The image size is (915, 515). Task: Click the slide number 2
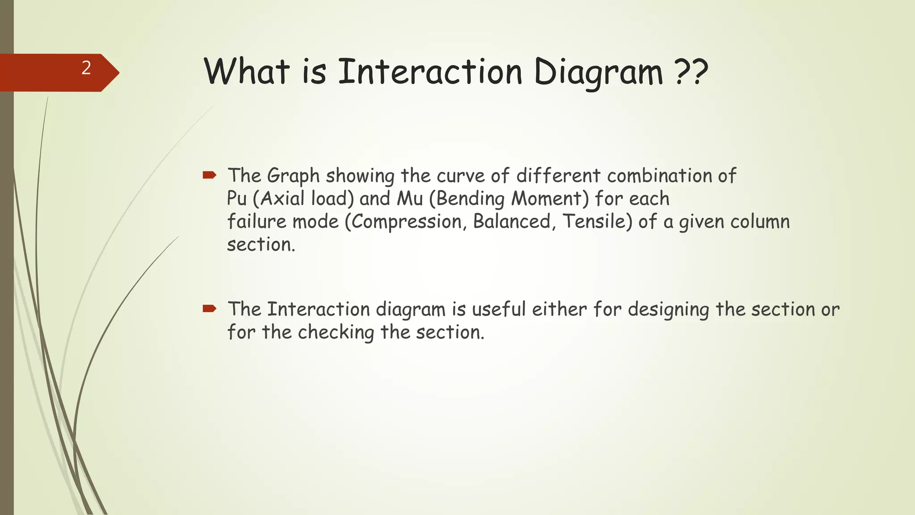click(86, 68)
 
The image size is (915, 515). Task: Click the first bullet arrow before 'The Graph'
click(209, 175)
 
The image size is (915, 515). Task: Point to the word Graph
click(293, 176)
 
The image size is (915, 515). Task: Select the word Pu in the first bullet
click(237, 198)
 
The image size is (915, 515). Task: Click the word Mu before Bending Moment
click(410, 198)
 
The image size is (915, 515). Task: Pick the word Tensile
click(596, 221)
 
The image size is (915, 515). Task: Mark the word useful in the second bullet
click(499, 309)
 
